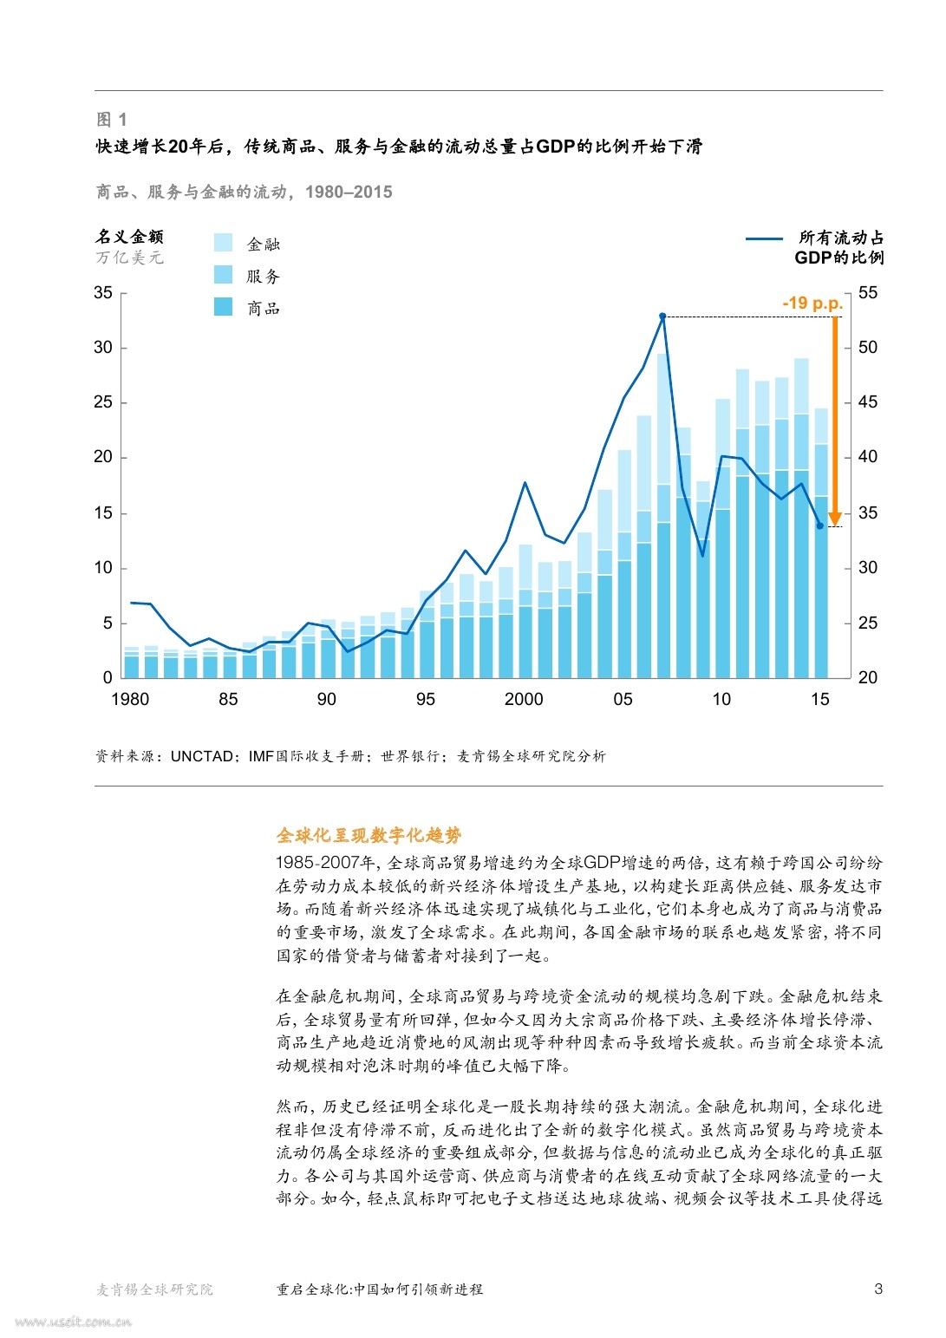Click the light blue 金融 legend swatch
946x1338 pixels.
pos(223,243)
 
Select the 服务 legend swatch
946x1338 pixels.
pos(223,275)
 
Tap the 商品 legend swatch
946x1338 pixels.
pos(223,307)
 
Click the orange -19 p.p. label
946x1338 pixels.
pos(812,303)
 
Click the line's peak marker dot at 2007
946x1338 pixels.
pos(662,317)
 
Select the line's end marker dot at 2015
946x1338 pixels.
pos(820,525)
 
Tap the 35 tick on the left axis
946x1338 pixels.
pos(103,293)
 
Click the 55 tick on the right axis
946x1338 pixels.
pos(868,293)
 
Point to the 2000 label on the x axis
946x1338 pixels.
pos(524,700)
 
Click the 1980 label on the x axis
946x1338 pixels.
pos(130,700)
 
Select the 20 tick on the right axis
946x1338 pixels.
pos(868,677)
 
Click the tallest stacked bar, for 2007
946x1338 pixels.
pos(662,520)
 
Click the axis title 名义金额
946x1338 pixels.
pos(129,237)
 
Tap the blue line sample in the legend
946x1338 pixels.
pos(764,238)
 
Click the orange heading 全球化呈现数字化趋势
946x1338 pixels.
pos(369,835)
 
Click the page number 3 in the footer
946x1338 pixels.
pos(878,1289)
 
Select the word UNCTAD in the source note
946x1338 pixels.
pos(202,756)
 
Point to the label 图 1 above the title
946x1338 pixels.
pos(111,120)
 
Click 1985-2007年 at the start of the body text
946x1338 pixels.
pos(325,863)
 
